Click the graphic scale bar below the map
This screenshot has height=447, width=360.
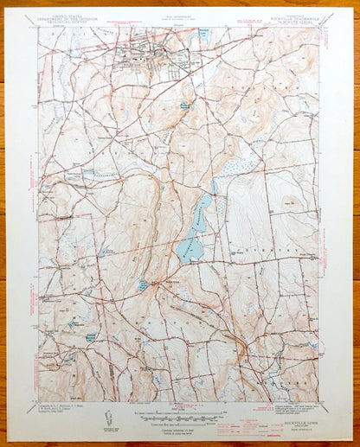(x=177, y=414)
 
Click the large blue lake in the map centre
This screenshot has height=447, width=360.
(x=194, y=233)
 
